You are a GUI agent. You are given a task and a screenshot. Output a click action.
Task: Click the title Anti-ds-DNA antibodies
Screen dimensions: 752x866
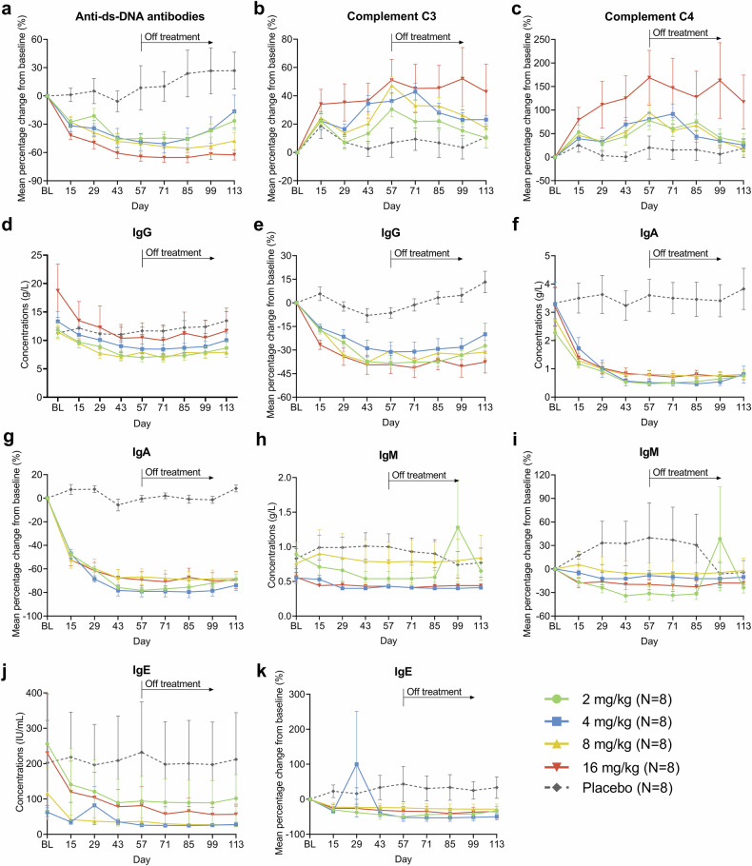pos(140,16)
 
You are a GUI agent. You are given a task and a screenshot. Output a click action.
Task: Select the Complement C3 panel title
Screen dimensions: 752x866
pos(391,16)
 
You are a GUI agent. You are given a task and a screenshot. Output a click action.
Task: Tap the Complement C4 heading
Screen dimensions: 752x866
pos(648,16)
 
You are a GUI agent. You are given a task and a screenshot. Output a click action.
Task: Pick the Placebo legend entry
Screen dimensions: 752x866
pos(608,788)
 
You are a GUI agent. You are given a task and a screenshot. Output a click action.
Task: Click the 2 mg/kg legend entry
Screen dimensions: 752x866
pos(608,699)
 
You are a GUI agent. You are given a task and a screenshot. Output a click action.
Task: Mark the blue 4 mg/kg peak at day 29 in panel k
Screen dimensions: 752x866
pos(356,764)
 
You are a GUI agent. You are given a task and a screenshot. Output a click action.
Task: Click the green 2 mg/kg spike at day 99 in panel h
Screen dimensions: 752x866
pos(458,527)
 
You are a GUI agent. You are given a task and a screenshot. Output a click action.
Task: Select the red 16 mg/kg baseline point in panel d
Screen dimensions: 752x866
pos(57,290)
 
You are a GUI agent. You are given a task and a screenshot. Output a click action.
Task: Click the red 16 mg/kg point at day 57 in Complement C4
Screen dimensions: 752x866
pos(649,77)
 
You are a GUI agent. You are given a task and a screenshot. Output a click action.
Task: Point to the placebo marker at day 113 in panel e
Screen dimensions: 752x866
pos(485,283)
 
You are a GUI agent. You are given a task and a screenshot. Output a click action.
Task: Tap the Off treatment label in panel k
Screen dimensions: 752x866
pos(434,692)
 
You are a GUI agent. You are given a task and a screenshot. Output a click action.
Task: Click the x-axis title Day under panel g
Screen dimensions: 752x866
pos(142,641)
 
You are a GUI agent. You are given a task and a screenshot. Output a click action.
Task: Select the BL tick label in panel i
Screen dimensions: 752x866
pos(555,626)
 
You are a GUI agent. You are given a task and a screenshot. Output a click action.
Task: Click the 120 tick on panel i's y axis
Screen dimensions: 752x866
pos(541,475)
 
